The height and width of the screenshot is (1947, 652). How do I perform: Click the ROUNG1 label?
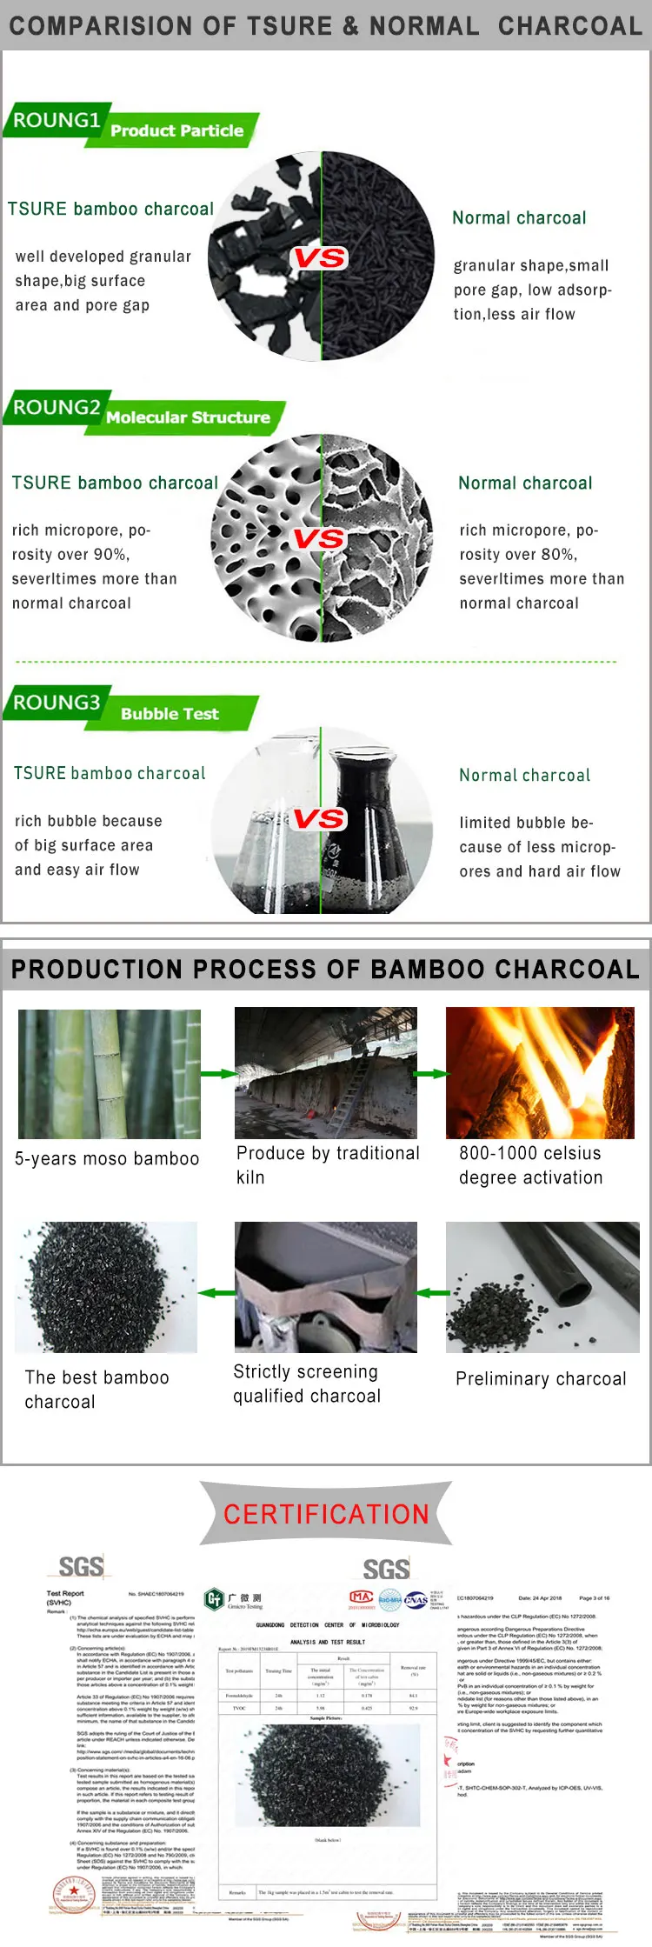57,120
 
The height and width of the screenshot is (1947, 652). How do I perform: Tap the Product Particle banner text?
177,130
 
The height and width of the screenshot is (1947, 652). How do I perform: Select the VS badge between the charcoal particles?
320,257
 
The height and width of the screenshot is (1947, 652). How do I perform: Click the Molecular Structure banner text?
188,417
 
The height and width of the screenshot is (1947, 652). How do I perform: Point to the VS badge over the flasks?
319,818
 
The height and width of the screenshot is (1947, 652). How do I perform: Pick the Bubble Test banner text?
170,714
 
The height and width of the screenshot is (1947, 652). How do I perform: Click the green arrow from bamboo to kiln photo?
217,1074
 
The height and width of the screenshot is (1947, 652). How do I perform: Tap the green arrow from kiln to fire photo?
430,1074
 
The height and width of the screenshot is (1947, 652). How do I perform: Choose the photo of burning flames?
540,1073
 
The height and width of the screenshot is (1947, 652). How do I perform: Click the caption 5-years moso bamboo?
107,1158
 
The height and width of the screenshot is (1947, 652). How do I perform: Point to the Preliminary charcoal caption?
541,1379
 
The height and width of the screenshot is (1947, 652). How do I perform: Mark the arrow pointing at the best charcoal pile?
216,1293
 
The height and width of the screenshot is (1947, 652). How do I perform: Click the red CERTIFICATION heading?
326,1514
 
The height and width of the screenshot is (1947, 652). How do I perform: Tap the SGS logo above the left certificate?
81,1567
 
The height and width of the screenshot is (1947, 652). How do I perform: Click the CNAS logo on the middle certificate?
416,1599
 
